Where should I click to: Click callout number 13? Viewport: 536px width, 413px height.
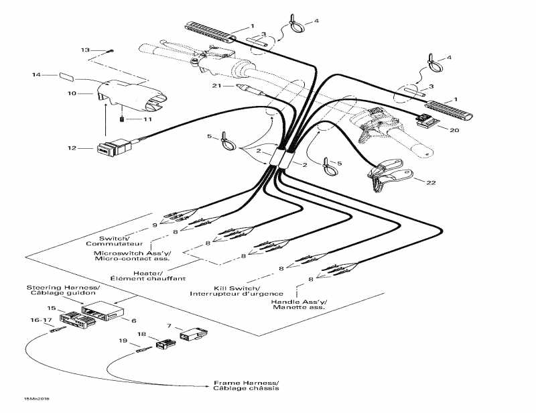click(85, 50)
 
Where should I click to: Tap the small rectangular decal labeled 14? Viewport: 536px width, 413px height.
click(68, 76)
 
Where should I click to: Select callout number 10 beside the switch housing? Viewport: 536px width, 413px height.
click(72, 93)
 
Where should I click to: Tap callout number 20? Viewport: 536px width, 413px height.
click(454, 130)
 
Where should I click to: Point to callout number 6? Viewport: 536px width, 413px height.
click(133, 320)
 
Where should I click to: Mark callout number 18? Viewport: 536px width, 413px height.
click(141, 334)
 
